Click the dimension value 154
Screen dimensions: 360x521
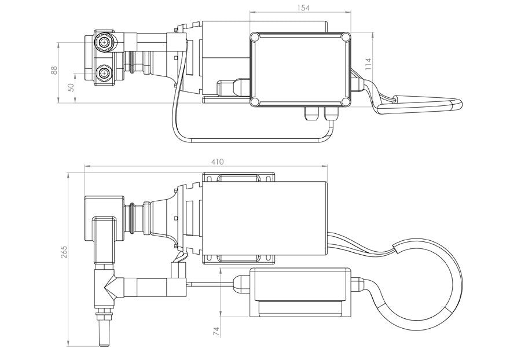tap(303, 8)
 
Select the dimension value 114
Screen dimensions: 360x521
tap(368, 64)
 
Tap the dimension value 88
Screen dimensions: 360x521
tap(54, 70)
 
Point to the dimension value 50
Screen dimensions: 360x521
tap(71, 87)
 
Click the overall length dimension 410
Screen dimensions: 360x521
tap(217, 162)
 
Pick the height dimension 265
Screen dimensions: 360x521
tap(64, 253)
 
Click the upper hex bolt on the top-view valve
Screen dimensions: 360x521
tap(105, 42)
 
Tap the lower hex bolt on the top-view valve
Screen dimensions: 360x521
tap(105, 74)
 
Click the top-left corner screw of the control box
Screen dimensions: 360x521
tap(255, 38)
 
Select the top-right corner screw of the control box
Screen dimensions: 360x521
tap(346, 38)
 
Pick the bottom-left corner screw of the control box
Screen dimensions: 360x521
tap(255, 102)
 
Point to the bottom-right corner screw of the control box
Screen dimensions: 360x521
tap(346, 102)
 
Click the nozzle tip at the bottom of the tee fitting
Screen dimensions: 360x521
tap(105, 336)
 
